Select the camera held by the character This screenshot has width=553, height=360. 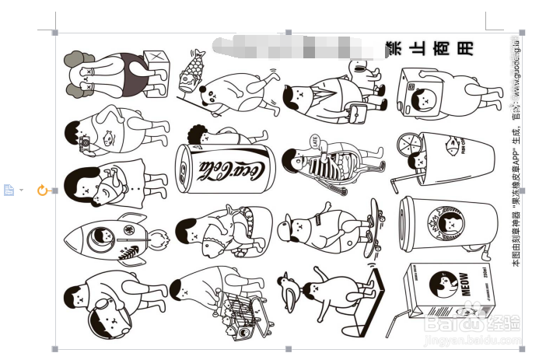86,143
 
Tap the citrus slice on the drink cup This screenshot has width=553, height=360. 409,145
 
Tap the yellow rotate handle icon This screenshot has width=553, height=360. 43,190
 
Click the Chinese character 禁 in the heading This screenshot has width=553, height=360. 394,48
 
